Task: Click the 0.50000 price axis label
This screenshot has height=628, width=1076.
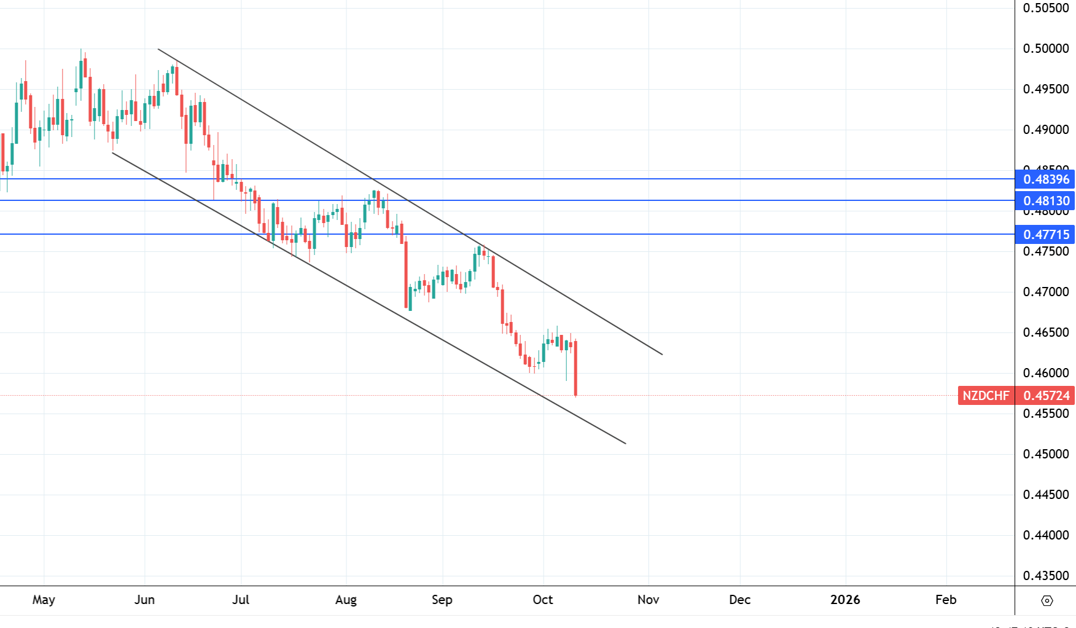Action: [x=1045, y=49]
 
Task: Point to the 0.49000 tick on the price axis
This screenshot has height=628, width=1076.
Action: [x=1045, y=130]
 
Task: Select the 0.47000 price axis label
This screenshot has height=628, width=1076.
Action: [x=1045, y=292]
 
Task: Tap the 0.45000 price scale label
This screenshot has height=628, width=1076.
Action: [x=1045, y=454]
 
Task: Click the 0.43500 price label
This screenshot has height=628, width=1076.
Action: [x=1045, y=576]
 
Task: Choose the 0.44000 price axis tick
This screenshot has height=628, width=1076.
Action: [x=1045, y=535]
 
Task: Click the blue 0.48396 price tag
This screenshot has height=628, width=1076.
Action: [x=1046, y=179]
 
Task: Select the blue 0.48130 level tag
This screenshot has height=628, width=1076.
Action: [x=1046, y=201]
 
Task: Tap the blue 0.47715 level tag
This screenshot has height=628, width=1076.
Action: [x=1046, y=235]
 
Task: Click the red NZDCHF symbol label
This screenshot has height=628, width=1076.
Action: [x=986, y=396]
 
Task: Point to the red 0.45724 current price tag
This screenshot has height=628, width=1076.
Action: [x=1046, y=396]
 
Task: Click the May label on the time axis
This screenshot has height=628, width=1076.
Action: [x=44, y=600]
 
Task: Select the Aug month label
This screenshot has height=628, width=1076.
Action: [x=346, y=600]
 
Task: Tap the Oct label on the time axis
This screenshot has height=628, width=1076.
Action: [x=543, y=600]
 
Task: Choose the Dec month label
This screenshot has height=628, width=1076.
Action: [x=739, y=600]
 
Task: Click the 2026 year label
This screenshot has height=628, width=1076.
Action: [x=845, y=600]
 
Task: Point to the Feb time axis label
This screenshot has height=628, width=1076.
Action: [x=946, y=600]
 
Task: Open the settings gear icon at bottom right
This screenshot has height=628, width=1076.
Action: [x=1047, y=600]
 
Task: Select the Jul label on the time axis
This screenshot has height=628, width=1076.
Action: [x=241, y=600]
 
